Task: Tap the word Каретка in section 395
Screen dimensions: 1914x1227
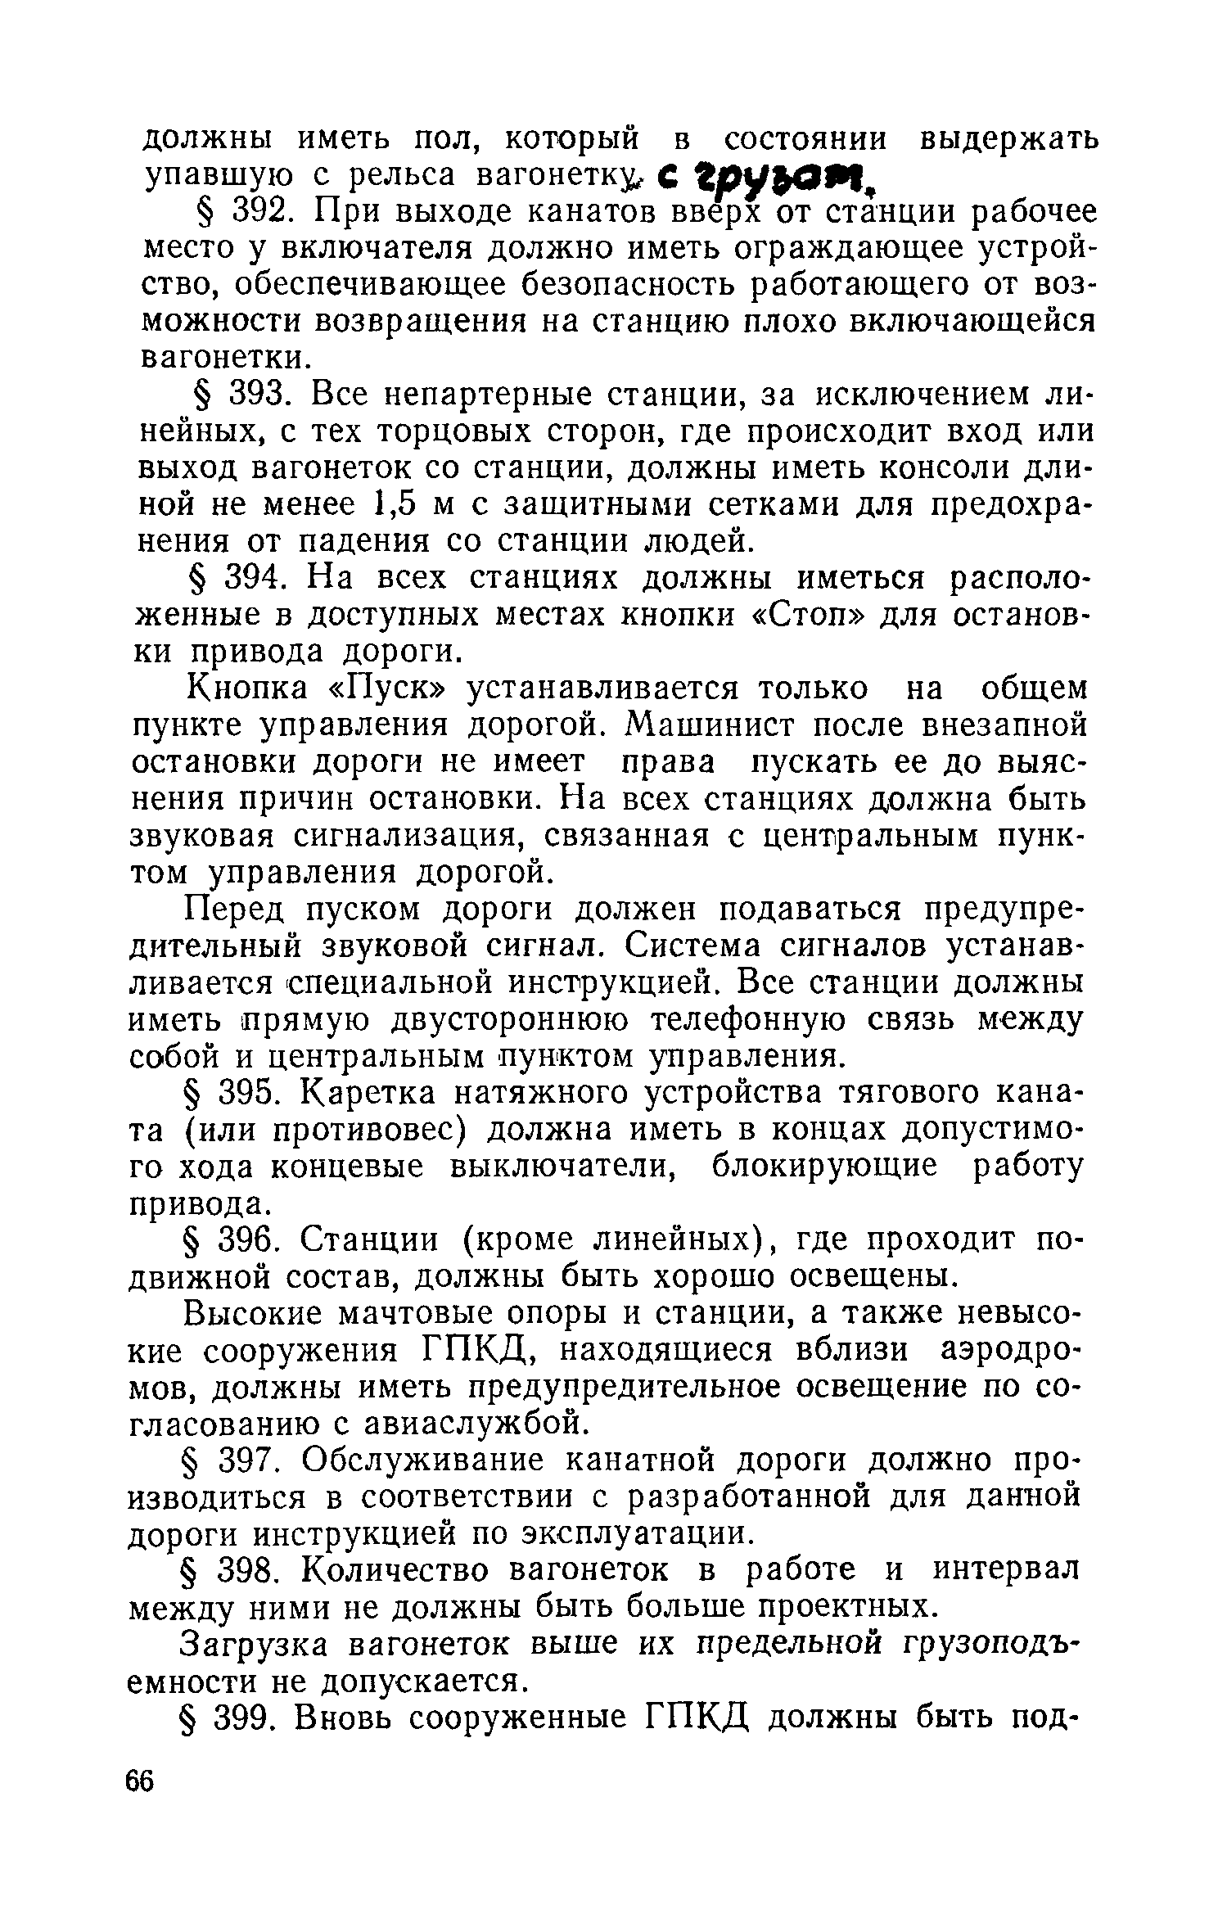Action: pyautogui.click(x=380, y=1093)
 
